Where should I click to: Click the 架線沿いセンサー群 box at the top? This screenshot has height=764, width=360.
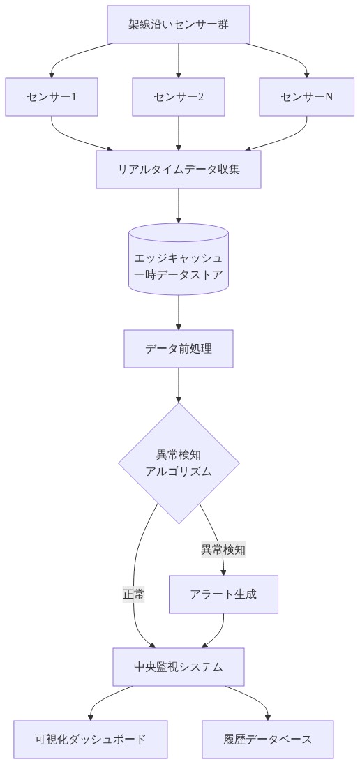(179, 24)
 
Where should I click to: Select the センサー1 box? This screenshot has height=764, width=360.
(52, 96)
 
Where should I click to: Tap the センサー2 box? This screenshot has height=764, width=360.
(179, 96)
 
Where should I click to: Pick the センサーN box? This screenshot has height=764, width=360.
(307, 96)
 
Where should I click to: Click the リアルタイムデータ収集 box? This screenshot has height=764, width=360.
(179, 169)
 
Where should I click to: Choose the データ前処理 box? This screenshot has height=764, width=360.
(179, 348)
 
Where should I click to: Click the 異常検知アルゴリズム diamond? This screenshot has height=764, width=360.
(179, 463)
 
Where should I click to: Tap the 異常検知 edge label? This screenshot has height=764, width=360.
(223, 549)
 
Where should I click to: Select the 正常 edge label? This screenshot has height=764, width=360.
(133, 594)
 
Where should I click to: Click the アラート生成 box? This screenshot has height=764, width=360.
(223, 594)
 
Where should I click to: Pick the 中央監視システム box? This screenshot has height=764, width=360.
(179, 666)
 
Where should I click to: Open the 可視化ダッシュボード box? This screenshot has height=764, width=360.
(91, 739)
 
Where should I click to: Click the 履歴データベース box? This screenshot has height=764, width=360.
(268, 739)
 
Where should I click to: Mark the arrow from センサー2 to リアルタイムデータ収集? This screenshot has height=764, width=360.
(179, 133)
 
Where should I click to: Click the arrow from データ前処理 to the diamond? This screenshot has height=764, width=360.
(179, 384)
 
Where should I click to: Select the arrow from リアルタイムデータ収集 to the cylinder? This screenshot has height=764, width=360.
(179, 205)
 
